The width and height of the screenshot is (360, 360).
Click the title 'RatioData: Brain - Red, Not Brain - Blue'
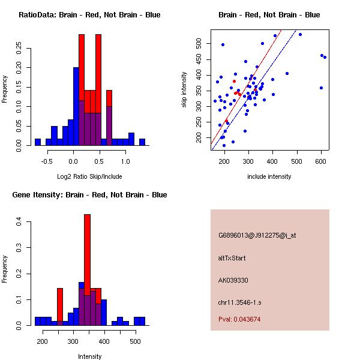click(89, 15)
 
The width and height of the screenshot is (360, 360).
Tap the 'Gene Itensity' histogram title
click(89, 195)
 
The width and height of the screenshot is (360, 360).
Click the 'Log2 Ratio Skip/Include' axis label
click(89, 176)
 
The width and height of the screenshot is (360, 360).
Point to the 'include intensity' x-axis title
click(269, 176)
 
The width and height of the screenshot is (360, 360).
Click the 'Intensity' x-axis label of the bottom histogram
click(89, 356)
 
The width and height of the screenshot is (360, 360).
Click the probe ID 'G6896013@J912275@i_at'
click(257, 235)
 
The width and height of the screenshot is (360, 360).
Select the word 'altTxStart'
click(232, 258)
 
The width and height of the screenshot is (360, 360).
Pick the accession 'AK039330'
click(233, 280)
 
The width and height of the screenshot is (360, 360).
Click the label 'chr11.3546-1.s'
click(239, 302)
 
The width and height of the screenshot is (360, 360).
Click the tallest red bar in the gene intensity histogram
click(87, 252)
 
